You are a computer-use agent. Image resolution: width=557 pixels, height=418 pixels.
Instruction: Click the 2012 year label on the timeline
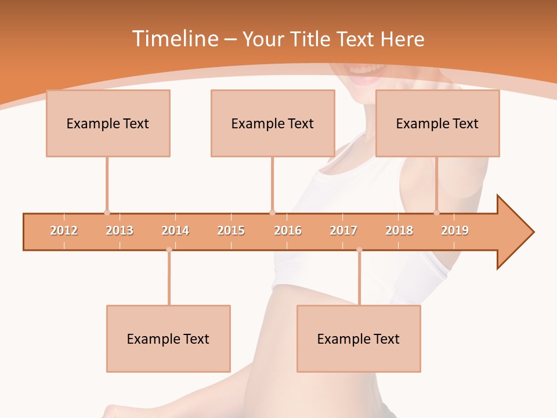64,230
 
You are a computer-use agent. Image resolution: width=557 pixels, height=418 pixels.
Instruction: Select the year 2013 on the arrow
120,230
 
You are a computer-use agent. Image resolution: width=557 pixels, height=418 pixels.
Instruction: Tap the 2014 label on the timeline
175,230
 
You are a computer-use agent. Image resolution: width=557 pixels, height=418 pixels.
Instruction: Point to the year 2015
231,230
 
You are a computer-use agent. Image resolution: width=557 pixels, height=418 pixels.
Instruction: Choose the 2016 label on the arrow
288,230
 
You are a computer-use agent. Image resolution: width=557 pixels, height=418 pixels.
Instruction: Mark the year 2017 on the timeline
343,230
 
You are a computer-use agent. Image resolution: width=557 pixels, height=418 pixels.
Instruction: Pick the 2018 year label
399,230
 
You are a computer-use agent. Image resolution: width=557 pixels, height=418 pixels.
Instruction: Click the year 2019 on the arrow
455,230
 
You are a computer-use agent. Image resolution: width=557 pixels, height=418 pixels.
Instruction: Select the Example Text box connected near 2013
108,123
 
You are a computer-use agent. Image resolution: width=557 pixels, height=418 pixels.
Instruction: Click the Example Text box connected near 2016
273,123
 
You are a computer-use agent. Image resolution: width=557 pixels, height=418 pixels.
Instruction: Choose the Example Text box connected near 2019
437,123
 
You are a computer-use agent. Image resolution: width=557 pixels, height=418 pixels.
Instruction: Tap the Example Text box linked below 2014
168,338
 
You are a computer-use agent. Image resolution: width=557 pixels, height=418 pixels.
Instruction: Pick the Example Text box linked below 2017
359,338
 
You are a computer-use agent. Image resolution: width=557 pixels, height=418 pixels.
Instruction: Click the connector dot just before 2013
107,212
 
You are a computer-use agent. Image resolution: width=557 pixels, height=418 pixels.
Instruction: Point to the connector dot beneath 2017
359,250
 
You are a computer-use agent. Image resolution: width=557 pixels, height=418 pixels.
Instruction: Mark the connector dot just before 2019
437,212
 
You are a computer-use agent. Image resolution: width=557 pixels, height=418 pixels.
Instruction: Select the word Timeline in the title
174,39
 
